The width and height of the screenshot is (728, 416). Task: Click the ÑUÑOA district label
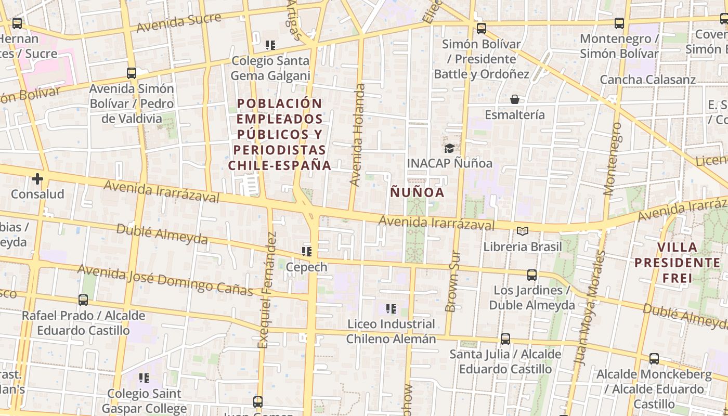pyautogui.click(x=417, y=192)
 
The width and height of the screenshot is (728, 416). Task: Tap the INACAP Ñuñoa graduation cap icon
pyautogui.click(x=449, y=149)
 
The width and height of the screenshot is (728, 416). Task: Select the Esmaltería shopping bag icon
pyautogui.click(x=515, y=99)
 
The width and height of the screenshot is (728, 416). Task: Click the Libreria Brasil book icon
pyautogui.click(x=523, y=231)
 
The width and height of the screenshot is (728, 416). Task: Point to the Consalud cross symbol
pyautogui.click(x=37, y=179)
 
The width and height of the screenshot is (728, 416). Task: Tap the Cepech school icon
pyautogui.click(x=307, y=252)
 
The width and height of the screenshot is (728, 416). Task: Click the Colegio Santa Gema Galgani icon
pyautogui.click(x=270, y=45)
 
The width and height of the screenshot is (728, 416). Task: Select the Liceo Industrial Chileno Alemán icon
pyautogui.click(x=391, y=309)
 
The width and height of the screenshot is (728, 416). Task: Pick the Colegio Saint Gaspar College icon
pyautogui.click(x=144, y=378)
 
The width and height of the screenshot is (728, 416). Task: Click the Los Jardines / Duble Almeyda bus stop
pyautogui.click(x=532, y=275)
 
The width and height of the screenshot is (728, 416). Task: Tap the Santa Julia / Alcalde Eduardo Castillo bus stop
pyautogui.click(x=505, y=339)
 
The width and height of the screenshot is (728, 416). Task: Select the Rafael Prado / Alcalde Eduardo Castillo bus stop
pyautogui.click(x=83, y=300)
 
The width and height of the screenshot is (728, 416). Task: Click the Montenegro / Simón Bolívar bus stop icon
pyautogui.click(x=619, y=23)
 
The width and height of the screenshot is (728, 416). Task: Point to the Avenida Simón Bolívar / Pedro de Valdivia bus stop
pyautogui.click(x=132, y=73)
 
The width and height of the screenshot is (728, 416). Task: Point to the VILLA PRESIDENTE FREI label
pyautogui.click(x=677, y=263)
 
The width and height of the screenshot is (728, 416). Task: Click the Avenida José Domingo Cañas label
pyautogui.click(x=165, y=280)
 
